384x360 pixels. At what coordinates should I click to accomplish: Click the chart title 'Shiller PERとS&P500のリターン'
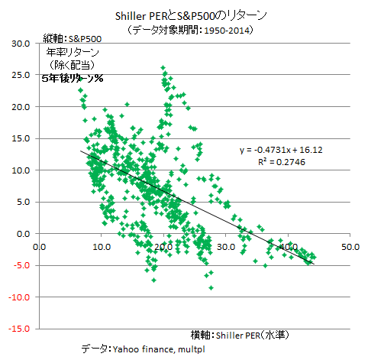click(191, 16)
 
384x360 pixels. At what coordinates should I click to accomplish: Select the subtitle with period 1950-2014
click(190, 30)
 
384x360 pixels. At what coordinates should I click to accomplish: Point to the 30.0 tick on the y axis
click(21, 44)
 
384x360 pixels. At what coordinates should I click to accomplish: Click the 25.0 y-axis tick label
click(21, 75)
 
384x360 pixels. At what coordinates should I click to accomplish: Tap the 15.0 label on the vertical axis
click(21, 138)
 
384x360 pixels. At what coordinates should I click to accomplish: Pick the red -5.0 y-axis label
click(21, 265)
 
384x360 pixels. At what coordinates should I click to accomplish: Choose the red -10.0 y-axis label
click(19, 297)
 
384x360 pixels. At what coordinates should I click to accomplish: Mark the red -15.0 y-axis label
click(19, 329)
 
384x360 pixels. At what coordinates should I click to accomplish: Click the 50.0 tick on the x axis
click(350, 247)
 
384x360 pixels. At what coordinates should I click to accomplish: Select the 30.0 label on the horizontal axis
click(226, 247)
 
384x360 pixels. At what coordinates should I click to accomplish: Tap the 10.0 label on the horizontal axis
click(102, 247)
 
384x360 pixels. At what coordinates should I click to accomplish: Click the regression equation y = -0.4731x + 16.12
click(281, 150)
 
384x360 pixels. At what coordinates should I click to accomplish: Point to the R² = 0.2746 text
click(282, 162)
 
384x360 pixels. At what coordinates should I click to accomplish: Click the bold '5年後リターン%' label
click(73, 78)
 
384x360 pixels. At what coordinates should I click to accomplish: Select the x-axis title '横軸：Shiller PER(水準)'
click(240, 335)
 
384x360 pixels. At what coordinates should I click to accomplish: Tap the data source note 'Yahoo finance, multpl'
click(159, 349)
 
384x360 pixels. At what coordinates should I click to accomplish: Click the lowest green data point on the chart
click(211, 288)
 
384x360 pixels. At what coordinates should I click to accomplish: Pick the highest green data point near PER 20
click(163, 68)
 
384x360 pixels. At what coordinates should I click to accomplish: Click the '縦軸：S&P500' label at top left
click(73, 39)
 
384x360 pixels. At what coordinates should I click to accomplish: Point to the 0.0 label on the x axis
click(40, 247)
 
